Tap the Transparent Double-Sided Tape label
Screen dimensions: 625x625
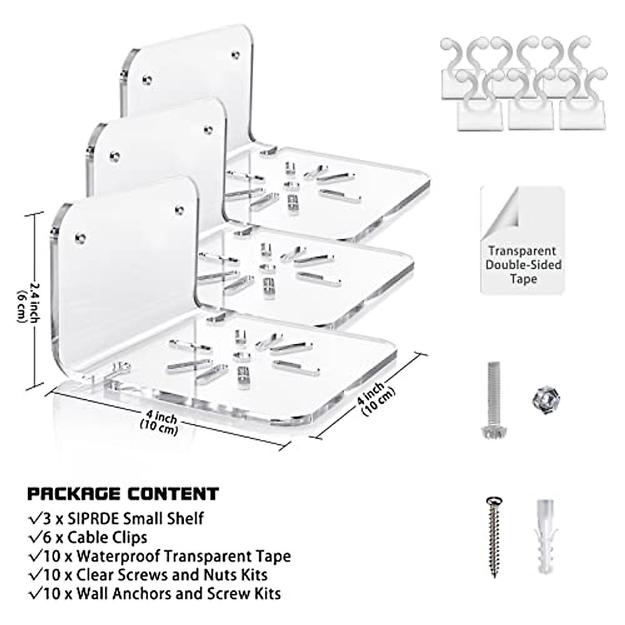(523, 265)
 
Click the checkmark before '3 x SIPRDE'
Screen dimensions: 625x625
(35, 518)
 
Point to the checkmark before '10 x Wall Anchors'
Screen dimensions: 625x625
(35, 593)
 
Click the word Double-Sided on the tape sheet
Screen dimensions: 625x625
(523, 265)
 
